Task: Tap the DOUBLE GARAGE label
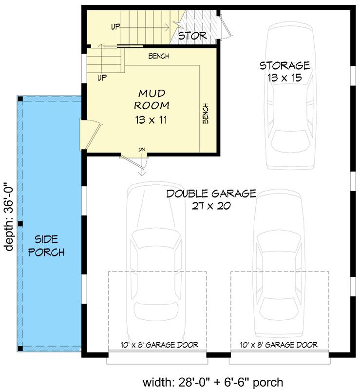pos(211,194)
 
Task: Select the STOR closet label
pos(192,36)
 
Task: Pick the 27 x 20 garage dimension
pos(211,206)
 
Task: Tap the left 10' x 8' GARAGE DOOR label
pos(159,345)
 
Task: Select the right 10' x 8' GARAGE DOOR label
pos(279,345)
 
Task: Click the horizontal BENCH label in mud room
pos(158,57)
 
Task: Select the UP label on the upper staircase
pos(115,26)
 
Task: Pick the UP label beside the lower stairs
pos(102,77)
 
